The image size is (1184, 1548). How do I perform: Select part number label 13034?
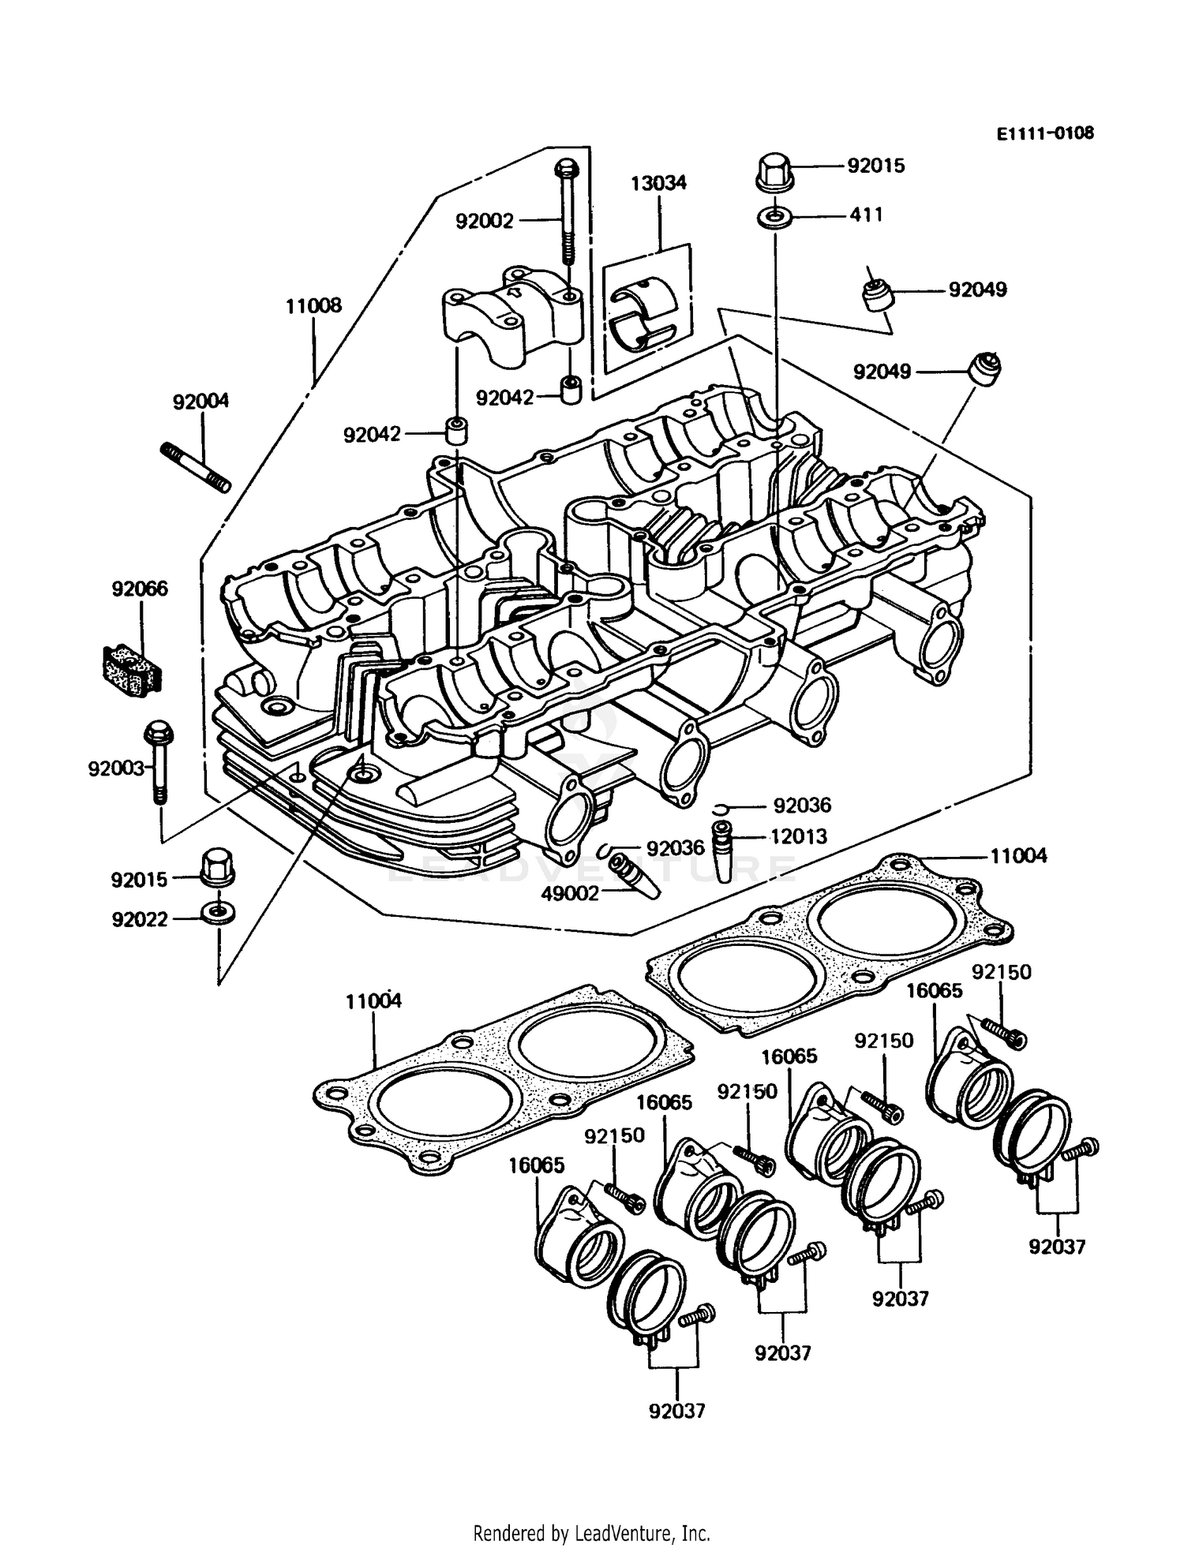pos(658,183)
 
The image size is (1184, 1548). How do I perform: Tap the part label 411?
pos(866,215)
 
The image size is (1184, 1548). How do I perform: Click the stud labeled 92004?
pos(196,467)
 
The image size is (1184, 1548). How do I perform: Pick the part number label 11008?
pos(313,305)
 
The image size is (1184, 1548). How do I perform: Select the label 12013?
pos(798,836)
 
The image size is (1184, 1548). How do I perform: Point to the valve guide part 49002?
pos(635,873)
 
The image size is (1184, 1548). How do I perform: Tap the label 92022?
pos(140,919)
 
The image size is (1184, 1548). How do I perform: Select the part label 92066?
pos(140,589)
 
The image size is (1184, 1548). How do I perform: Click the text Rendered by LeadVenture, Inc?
pos(591,1533)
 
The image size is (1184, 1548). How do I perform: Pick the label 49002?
pos(570,893)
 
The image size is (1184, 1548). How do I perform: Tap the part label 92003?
pos(116,768)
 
